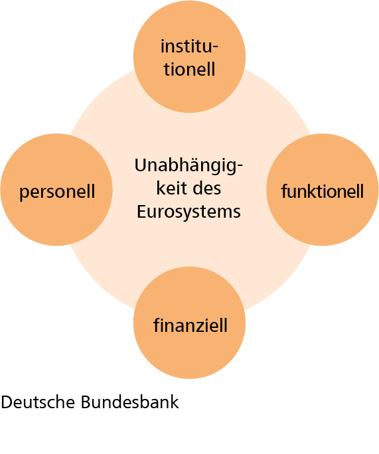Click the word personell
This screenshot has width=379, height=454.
57,192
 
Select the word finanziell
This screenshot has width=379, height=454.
190,325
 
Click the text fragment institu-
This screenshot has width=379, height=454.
189,46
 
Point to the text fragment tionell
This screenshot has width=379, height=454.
189,69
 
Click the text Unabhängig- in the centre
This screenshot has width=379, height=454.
189,166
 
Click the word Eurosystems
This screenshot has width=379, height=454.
189,212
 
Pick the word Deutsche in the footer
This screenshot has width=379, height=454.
38,402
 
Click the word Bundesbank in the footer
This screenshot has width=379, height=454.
129,402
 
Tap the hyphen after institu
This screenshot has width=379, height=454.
214,48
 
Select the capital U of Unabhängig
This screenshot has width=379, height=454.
141,166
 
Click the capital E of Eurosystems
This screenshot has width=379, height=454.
141,211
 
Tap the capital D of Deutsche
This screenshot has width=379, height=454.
7,402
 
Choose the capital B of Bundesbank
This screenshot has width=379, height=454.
86,402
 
